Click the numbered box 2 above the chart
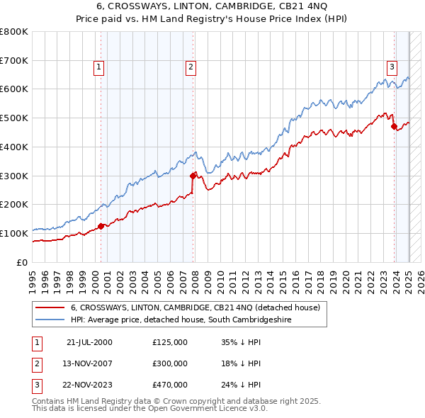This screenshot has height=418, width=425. coord(191,67)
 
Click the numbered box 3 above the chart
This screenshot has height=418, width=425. coord(392,67)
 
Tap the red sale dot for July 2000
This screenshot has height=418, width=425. coord(101,226)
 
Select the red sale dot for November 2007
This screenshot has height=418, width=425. coord(193,175)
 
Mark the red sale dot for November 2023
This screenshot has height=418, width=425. coord(394,127)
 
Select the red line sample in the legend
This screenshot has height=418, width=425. coord(50,308)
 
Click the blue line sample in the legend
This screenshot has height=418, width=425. coord(50,320)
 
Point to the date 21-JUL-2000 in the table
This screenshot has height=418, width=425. coord(89,341)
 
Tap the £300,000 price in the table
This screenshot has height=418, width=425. coord(170,363)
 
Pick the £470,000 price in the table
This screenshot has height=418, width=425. coord(170,385)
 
